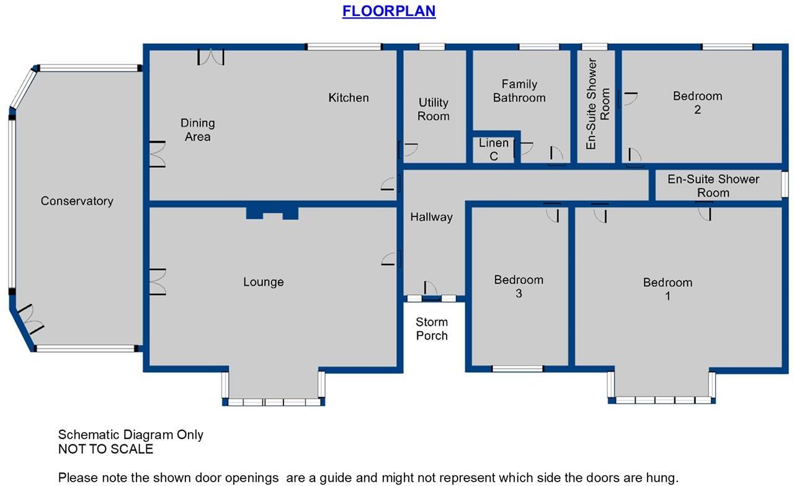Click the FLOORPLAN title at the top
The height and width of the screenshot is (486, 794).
click(389, 11)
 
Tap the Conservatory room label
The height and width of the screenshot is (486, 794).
click(77, 201)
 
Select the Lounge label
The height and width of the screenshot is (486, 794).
click(263, 282)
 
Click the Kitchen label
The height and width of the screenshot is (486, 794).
click(349, 97)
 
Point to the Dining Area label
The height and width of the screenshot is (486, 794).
click(197, 130)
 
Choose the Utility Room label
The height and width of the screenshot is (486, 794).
click(433, 110)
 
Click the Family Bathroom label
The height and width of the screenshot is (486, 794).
click(519, 91)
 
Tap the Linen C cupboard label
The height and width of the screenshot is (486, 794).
click(494, 149)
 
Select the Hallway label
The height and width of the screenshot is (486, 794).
click(431, 217)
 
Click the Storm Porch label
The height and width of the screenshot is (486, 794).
click(432, 329)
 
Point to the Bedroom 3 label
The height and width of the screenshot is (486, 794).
click(519, 286)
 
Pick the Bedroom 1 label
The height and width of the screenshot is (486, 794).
click(667, 289)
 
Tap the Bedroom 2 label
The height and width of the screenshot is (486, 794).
click(697, 102)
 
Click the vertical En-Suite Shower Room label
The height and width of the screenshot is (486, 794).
click(598, 104)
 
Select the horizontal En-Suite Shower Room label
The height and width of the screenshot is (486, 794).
click(713, 185)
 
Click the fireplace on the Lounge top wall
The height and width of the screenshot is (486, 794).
click(272, 213)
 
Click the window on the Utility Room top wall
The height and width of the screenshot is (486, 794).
click(432, 46)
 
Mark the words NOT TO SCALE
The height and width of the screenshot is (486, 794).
click(105, 449)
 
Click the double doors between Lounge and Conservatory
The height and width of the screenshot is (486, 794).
click(156, 281)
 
